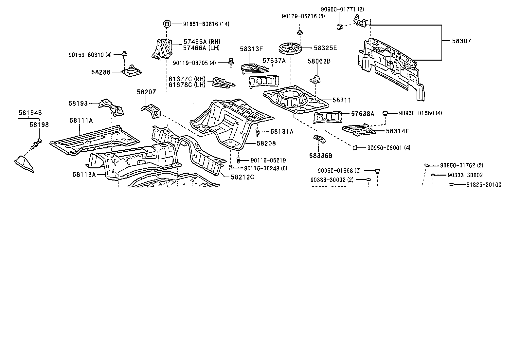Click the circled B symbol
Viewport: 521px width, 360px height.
167,24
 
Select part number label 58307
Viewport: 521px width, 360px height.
461,41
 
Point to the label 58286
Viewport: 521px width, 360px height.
101,72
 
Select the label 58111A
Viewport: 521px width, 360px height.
81,121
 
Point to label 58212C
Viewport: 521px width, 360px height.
242,177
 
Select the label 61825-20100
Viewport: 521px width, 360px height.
483,185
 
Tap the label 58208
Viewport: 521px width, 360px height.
266,143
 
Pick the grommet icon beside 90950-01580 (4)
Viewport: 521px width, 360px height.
386,113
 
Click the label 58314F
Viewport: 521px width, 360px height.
397,131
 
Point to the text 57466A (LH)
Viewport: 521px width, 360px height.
201,48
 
